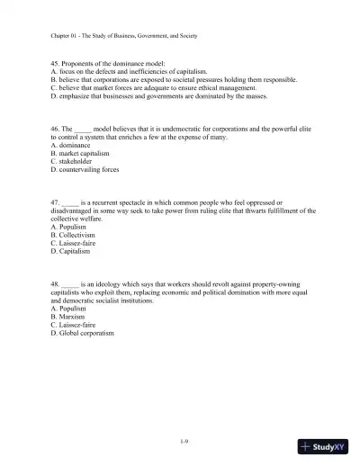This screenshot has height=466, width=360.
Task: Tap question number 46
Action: click(56, 129)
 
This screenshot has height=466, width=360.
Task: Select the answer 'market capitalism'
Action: click(80, 153)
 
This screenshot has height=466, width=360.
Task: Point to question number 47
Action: click(56, 203)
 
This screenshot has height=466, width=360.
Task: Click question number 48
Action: click(56, 285)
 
